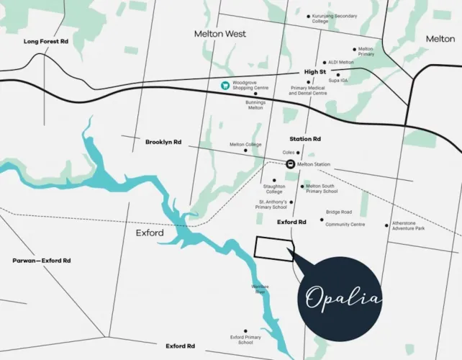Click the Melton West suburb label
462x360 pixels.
[219, 34]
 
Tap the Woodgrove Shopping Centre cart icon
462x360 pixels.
[225, 86]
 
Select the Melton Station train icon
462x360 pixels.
[290, 164]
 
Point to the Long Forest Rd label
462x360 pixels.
[45, 42]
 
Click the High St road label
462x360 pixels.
[315, 72]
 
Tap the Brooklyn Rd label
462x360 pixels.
[163, 142]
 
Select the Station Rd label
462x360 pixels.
[305, 138]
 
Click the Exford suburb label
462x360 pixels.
[150, 233]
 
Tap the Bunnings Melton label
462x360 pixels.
[255, 105]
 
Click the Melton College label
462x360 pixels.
[245, 145]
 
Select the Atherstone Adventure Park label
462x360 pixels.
[409, 226]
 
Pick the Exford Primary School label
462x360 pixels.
[246, 340]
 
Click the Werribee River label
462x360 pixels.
[260, 290]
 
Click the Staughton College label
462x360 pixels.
[274, 189]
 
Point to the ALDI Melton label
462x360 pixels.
[341, 63]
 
